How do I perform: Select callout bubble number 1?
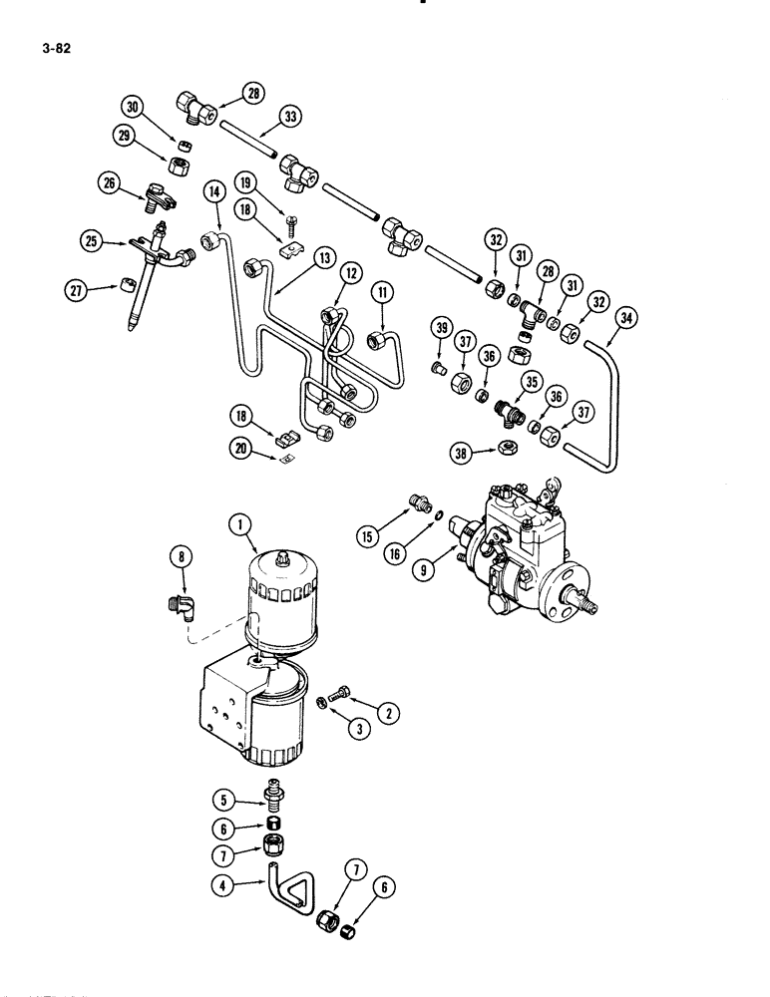click(x=236, y=521)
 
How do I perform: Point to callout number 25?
click(x=91, y=240)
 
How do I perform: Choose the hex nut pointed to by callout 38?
click(x=507, y=448)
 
